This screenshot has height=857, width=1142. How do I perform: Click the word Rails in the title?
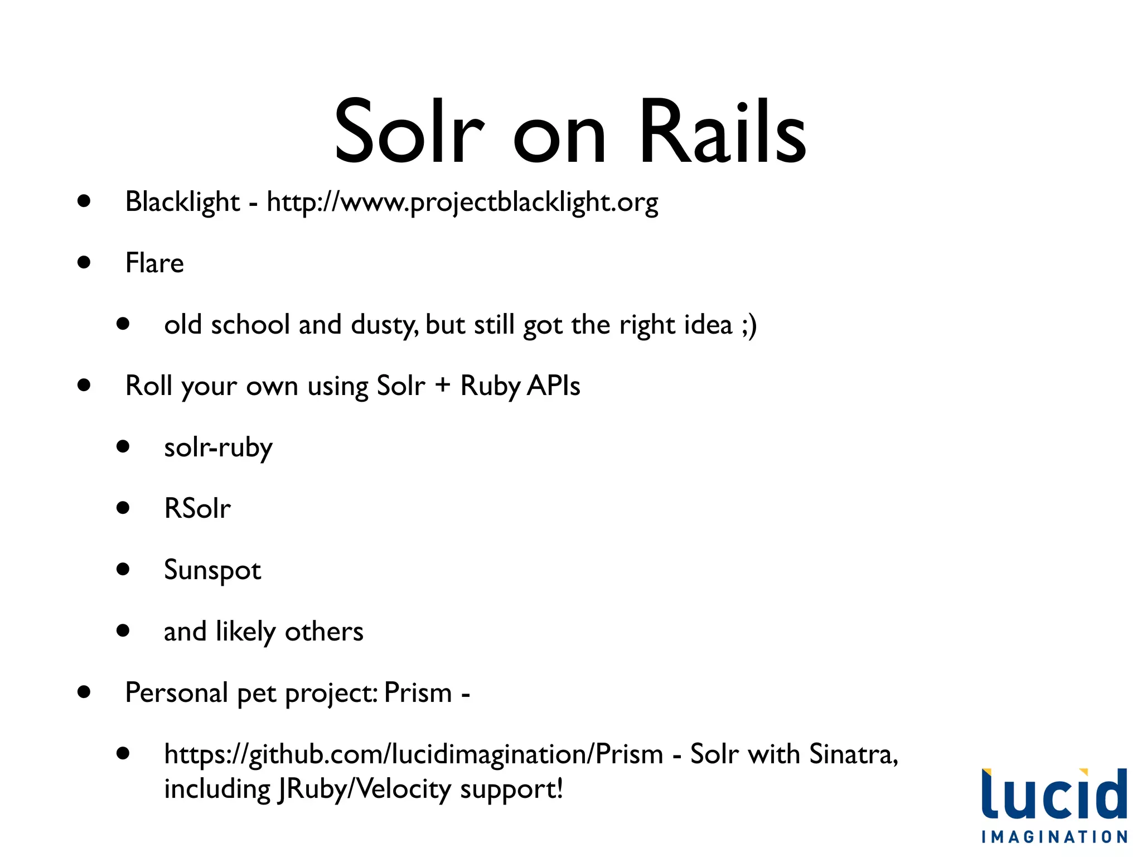pos(723,133)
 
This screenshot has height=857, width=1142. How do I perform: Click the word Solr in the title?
pos(409,133)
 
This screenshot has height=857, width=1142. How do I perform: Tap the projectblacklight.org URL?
pos(462,202)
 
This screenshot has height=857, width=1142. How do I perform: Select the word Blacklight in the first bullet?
pos(182,202)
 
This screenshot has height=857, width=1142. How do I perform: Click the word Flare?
pos(154,263)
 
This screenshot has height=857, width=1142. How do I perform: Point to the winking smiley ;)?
pos(749,325)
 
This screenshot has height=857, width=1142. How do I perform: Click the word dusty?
pos(384,325)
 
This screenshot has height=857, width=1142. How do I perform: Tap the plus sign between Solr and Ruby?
pos(443,385)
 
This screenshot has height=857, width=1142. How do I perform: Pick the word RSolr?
pos(197,508)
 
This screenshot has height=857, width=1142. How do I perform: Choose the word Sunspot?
pos(212,570)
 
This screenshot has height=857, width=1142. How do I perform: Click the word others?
pos(324,632)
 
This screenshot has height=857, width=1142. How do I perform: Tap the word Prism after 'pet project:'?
pos(418,693)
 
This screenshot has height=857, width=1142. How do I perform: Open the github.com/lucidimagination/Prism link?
pos(413,754)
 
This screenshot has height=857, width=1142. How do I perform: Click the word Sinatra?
pos(853,754)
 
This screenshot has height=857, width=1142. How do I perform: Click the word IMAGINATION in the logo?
pos(1054,837)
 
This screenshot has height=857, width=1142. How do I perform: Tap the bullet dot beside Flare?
pos(84,262)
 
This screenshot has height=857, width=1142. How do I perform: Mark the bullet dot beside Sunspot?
pos(123,569)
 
